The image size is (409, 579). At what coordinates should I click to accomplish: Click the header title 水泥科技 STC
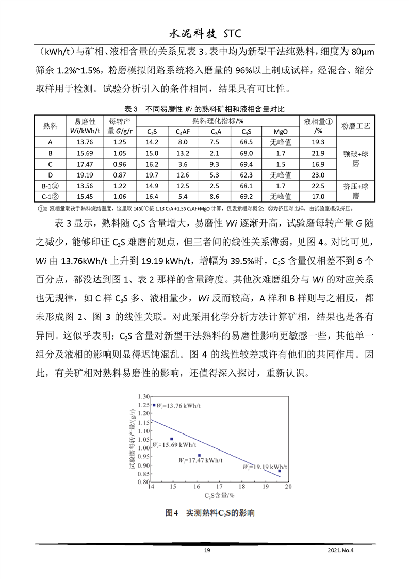click(205, 34)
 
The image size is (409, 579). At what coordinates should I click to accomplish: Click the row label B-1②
click(51, 186)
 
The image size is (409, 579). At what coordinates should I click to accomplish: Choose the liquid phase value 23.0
click(318, 175)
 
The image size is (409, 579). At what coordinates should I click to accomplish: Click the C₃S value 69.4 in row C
click(247, 164)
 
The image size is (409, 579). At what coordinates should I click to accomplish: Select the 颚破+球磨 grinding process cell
click(356, 158)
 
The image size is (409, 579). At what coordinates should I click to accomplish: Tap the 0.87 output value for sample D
click(120, 175)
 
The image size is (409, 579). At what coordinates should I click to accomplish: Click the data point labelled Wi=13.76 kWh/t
click(154, 405)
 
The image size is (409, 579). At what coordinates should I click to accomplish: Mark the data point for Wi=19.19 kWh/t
click(280, 471)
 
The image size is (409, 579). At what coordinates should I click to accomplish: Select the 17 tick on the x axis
click(219, 487)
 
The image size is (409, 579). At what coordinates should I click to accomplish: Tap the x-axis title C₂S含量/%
click(219, 496)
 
